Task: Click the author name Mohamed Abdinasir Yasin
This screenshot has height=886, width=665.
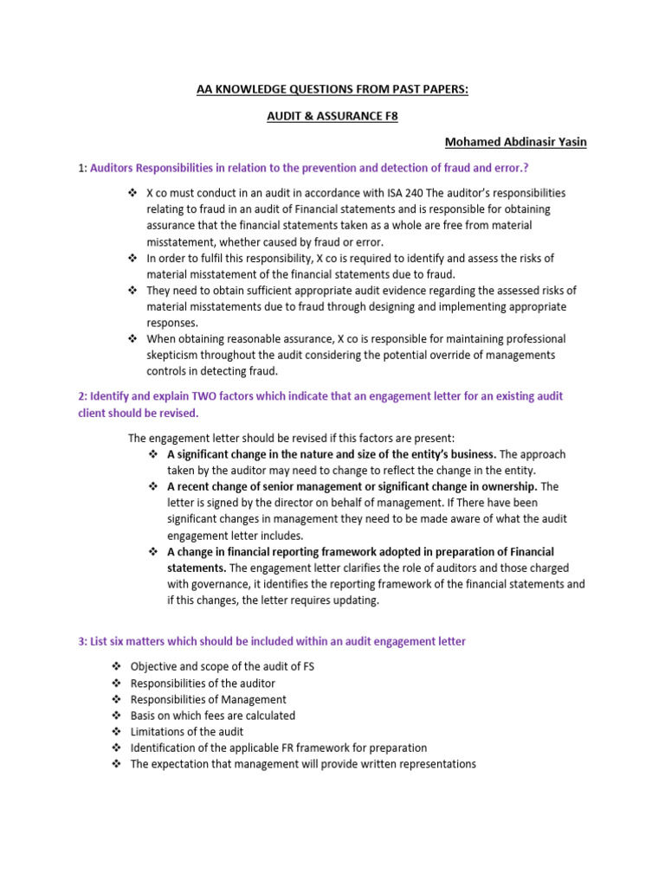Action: coord(515,142)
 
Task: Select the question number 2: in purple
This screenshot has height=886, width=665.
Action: coord(82,395)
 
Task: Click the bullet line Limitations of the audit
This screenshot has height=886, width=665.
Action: coord(186,731)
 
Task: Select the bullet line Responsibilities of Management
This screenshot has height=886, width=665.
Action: coord(208,699)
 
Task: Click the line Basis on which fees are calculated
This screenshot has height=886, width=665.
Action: coord(212,716)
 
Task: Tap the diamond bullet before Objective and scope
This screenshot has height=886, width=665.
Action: coord(116,666)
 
